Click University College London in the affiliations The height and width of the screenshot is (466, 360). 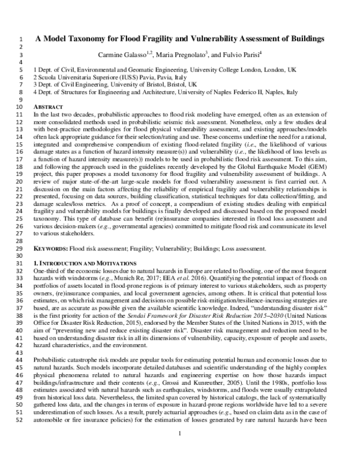pyautogui.click(x=217, y=70)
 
